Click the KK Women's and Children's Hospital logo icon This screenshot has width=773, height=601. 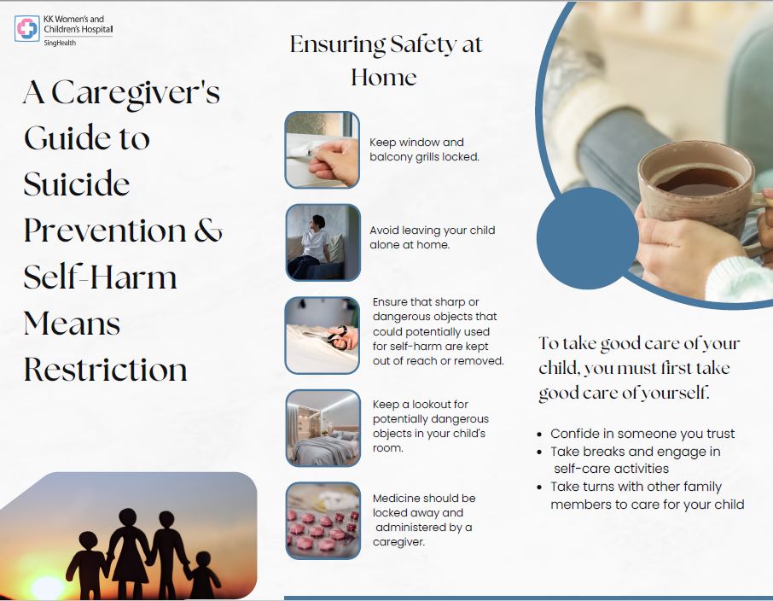coord(27,29)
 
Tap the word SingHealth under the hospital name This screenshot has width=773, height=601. coord(60,43)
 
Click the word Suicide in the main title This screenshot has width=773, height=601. coord(77,184)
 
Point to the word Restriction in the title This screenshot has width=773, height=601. coord(106,369)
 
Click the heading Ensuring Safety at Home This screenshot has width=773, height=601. coord(386,61)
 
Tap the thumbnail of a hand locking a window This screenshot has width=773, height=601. coord(323,149)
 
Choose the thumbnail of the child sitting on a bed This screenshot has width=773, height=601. coord(323,242)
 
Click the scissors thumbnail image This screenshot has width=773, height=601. coord(323,335)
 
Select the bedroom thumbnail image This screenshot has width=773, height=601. coord(323,428)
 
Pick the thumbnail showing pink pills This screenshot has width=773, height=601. coord(323,521)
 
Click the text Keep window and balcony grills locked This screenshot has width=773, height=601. coord(424,149)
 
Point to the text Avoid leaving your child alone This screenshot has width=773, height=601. coord(433,237)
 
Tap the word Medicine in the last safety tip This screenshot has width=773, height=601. coord(395,498)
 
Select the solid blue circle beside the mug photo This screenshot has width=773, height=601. coord(588,238)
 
